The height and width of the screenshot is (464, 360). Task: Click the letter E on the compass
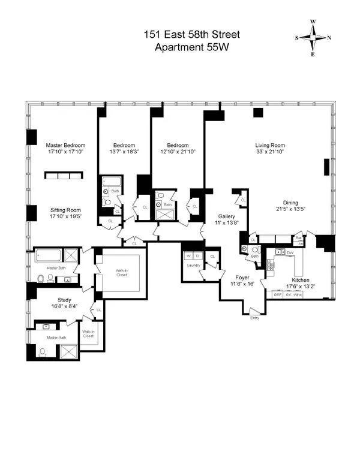click(x=312, y=53)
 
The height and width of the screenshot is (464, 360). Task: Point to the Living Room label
click(x=269, y=145)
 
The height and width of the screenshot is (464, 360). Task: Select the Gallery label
click(x=226, y=216)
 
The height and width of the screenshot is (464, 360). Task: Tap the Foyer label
click(x=242, y=278)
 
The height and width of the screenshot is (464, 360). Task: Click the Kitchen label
click(x=301, y=279)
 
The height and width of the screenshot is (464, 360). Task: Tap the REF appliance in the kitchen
click(x=278, y=294)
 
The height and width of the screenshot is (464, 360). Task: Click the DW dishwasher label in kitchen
click(x=290, y=253)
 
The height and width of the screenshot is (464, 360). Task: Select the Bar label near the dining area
click(x=297, y=238)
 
